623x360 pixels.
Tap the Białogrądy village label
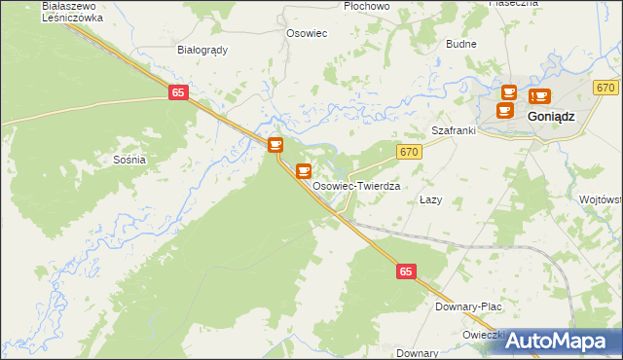[x=202, y=50]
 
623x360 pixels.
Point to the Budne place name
[x=460, y=44]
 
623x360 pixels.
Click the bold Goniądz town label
[x=551, y=115]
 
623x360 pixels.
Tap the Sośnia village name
[x=129, y=160]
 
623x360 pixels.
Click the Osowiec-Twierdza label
[x=357, y=185]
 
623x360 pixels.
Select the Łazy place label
[x=430, y=199]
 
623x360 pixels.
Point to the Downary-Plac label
[x=468, y=306]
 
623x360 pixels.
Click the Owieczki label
[x=484, y=335]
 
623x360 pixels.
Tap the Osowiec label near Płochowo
[x=306, y=33]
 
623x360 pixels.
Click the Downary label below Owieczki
[x=418, y=353]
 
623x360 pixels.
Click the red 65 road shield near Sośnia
[x=177, y=92]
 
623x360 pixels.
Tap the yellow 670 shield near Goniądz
[x=605, y=88]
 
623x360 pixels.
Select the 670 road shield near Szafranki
[x=408, y=151]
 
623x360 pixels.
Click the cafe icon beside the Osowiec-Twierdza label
[x=304, y=171]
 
